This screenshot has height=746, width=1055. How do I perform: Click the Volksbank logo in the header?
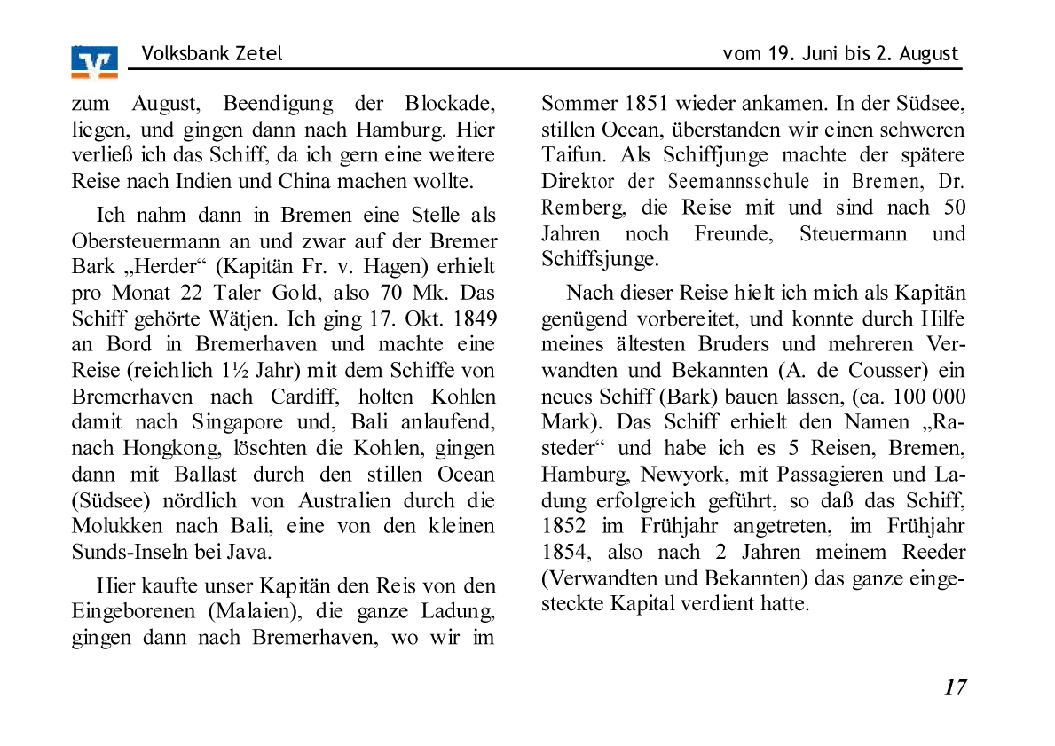coord(94,62)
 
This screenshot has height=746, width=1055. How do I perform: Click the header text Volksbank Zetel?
coord(211,53)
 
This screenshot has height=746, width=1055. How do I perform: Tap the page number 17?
coord(955,687)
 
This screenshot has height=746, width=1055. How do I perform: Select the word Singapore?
coord(237,422)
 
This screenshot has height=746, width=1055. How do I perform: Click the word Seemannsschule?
coord(738,182)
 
